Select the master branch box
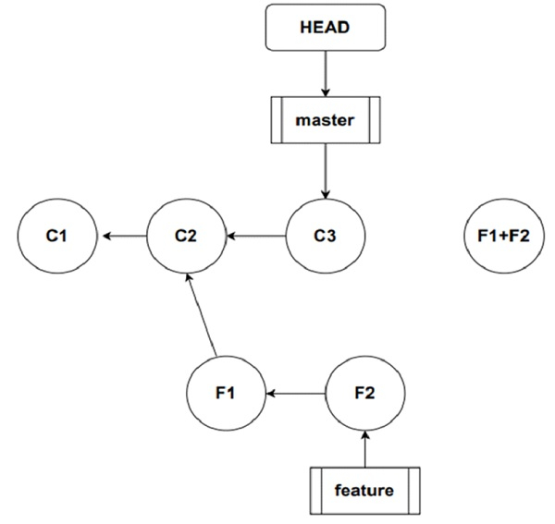(324, 121)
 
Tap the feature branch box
(364, 490)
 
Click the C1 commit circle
(57, 236)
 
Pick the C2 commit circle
(186, 236)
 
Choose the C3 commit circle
(325, 236)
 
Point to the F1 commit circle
(225, 394)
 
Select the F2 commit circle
(365, 394)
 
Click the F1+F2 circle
(497, 236)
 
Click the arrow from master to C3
(325, 170)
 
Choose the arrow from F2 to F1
(295, 394)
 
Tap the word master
(324, 121)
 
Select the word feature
(364, 490)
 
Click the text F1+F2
(497, 236)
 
